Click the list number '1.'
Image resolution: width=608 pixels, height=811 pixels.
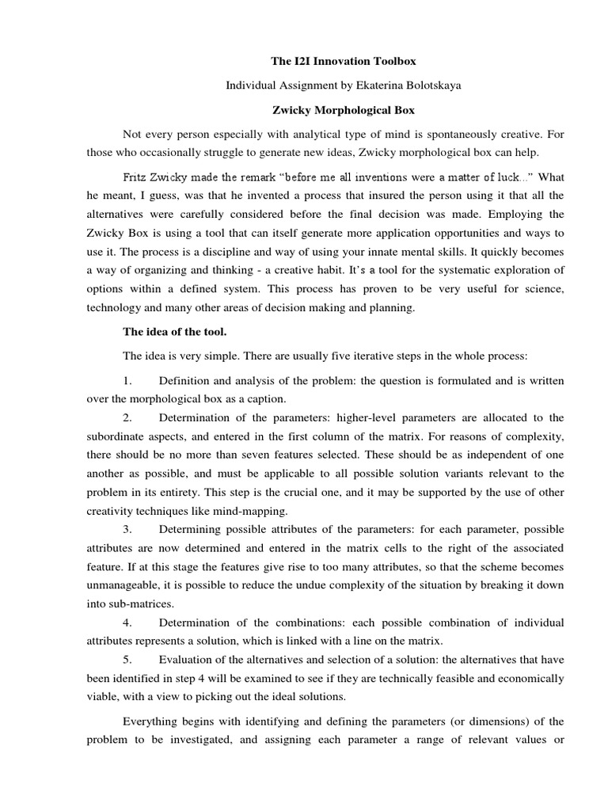point(128,381)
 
